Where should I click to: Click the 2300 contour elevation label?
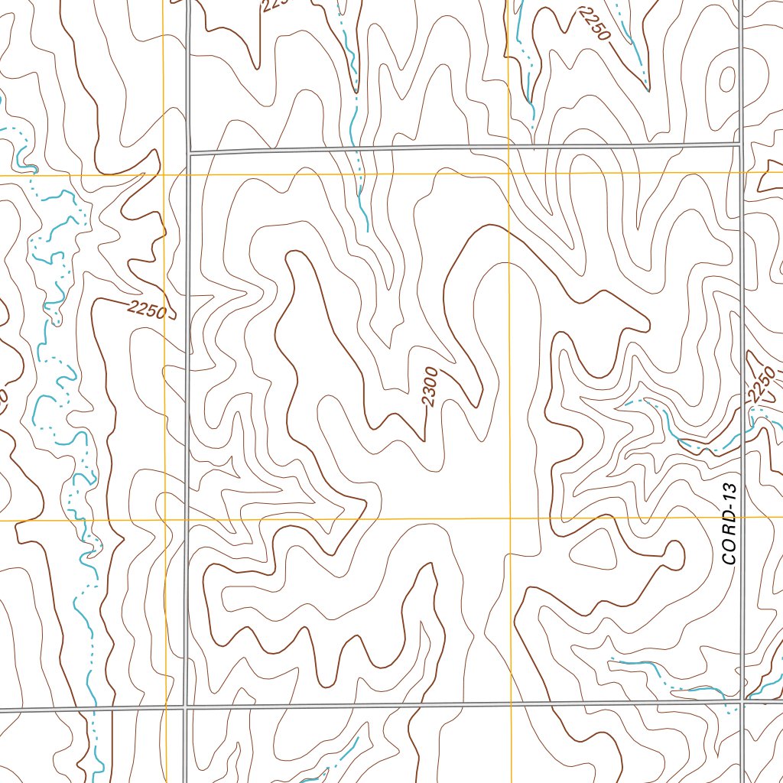pos(429,387)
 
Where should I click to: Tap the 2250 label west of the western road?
pos(147,310)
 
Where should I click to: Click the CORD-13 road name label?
pos(730,524)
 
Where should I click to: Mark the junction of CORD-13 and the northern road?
pos(741,144)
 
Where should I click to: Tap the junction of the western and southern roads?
pos(186,706)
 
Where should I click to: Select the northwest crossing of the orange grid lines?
pos(164,175)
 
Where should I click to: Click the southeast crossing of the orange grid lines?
pos(509,518)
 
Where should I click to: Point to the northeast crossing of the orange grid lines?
pos(508,174)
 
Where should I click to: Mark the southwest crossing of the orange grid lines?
pos(165,521)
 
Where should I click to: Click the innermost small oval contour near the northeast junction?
pos(726,78)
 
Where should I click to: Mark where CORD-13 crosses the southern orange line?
pos(742,518)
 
